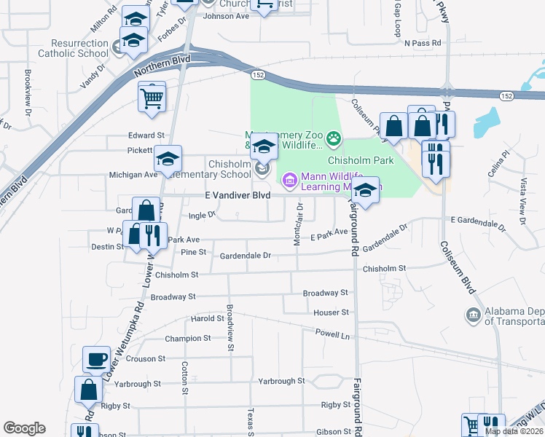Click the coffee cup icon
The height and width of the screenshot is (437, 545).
pos(97,360)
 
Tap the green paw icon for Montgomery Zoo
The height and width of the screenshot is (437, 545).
pos(334,138)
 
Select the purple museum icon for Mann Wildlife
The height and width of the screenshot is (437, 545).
pos(289,178)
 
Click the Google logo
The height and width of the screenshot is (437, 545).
pos(24,428)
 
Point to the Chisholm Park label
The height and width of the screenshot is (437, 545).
pos(361,160)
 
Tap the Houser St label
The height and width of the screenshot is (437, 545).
pos(332,312)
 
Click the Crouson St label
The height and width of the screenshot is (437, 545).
pos(146,358)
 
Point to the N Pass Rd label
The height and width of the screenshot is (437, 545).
pos(423,43)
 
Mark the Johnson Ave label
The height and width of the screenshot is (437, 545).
pos(226,15)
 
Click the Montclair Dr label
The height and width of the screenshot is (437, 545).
pos(297,224)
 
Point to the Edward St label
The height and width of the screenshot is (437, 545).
pos(146,135)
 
